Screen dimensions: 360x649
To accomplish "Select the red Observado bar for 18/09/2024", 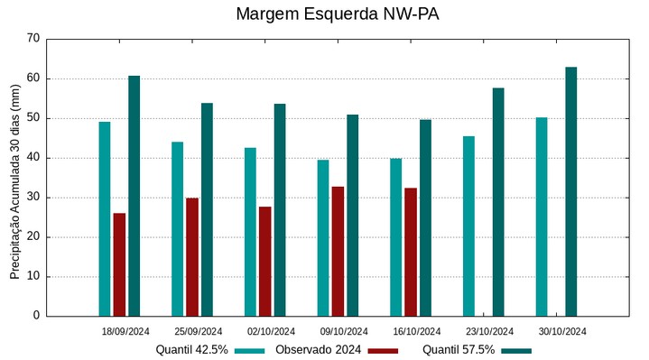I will [x=119, y=264].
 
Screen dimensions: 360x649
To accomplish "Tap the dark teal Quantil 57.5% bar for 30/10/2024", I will [x=570, y=191].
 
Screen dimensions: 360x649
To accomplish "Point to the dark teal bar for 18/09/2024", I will [x=134, y=196].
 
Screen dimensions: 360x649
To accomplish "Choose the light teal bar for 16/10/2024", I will [x=395, y=237].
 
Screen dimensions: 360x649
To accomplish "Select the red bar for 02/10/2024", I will [x=264, y=261].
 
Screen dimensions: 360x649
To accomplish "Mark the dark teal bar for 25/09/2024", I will [x=207, y=209].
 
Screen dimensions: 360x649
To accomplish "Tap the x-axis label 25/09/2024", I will [x=199, y=331].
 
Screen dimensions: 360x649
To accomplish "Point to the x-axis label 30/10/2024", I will [x=562, y=331].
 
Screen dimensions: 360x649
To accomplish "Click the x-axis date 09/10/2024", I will [x=344, y=331].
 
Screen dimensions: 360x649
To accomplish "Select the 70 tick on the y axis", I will [x=33, y=39].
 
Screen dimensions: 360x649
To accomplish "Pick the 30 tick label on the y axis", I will [x=33, y=198].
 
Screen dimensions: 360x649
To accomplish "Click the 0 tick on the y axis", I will [x=36, y=317].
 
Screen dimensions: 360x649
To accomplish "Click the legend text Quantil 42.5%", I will [x=191, y=349].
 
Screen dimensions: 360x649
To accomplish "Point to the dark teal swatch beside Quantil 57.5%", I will [x=516, y=350].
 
